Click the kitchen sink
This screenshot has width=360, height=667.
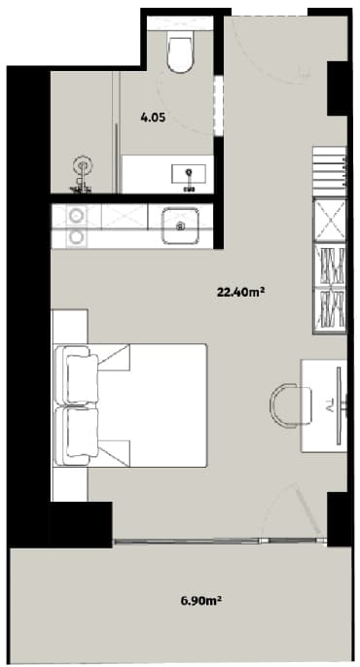[179, 223]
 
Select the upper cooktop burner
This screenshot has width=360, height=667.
[74, 215]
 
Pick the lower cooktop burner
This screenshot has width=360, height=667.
[74, 234]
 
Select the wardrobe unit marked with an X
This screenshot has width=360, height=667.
[329, 219]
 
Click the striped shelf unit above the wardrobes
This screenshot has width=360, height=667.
[329, 169]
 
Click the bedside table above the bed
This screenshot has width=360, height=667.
[69, 325]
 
